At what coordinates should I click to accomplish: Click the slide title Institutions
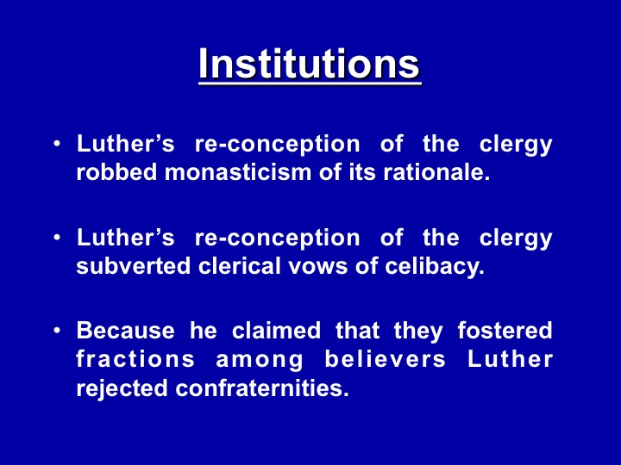point(310,64)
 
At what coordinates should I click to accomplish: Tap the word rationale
point(436,172)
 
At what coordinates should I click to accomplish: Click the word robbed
point(116,172)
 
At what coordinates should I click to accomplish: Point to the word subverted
point(134,266)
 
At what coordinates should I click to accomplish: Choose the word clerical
point(240,266)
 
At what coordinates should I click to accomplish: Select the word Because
point(126,331)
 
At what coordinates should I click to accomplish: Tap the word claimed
point(276,331)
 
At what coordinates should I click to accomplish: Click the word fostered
point(505,331)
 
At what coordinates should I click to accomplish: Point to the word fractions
point(135,359)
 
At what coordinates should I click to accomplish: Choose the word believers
point(385,359)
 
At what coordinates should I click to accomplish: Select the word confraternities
point(262,387)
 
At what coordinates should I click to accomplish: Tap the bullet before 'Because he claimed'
point(58,330)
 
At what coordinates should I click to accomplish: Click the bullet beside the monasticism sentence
point(58,143)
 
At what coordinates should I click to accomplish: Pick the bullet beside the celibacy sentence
point(58,238)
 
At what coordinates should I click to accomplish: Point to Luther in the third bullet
point(510,359)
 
